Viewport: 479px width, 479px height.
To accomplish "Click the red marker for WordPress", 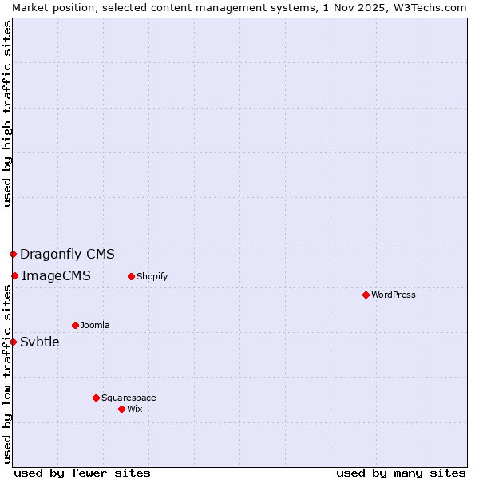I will point(366,295).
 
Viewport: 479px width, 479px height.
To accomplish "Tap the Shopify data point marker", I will point(131,276).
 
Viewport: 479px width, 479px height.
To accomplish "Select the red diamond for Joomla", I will point(75,325).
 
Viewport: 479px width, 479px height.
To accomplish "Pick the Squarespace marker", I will point(96,398).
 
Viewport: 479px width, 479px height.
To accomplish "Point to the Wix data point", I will point(121,409).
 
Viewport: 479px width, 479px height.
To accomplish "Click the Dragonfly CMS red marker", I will point(13,254).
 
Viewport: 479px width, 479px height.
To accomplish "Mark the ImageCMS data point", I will point(14,275).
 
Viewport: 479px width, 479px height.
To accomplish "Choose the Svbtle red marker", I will point(13,342).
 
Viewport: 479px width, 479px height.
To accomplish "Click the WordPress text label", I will point(394,295).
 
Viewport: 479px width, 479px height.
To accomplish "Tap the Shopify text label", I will point(152,276).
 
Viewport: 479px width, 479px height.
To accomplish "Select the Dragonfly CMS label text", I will point(67,255).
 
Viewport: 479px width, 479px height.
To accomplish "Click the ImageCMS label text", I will point(56,276).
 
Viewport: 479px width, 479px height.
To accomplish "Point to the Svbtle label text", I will point(40,342).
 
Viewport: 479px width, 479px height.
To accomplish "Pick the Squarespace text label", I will point(129,398).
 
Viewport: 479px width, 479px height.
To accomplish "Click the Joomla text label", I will point(95,325).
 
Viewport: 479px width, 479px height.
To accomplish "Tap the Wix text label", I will point(135,409).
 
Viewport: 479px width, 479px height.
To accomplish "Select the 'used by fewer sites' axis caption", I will point(82,473).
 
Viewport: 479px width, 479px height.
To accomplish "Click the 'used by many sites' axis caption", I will point(401,473).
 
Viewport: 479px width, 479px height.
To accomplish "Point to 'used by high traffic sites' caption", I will point(7,114).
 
